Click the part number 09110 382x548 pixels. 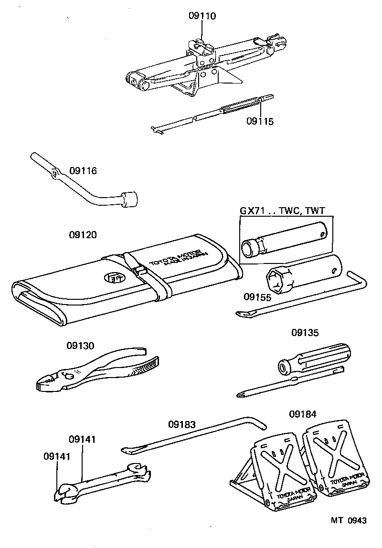point(202,16)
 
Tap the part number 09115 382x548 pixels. point(260,122)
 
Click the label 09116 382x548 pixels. point(83,171)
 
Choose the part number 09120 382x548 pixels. point(83,235)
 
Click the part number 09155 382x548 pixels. point(257,297)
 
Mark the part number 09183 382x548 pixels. point(182,424)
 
